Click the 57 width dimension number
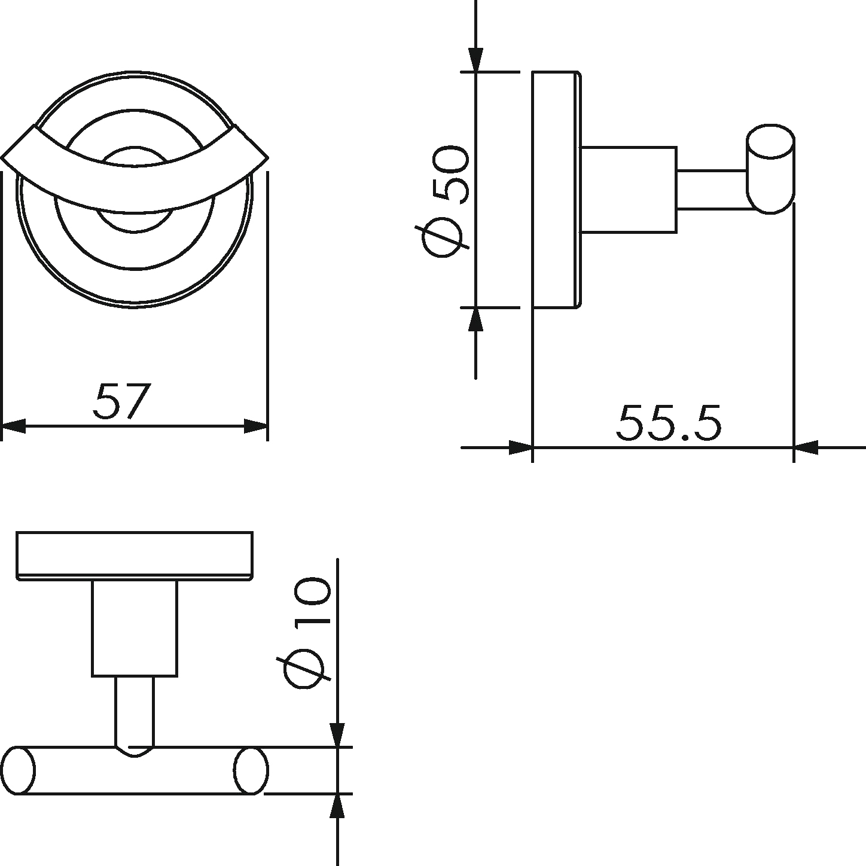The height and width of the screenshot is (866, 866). pyautogui.click(x=120, y=401)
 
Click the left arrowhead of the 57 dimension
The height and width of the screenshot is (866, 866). pyautogui.click(x=14, y=426)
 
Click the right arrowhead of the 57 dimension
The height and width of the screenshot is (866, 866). pyautogui.click(x=256, y=426)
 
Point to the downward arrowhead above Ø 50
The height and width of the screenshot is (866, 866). pyautogui.click(x=475, y=59)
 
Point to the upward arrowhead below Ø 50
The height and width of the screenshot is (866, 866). pyautogui.click(x=475, y=320)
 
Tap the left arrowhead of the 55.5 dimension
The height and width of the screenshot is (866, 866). pyautogui.click(x=520, y=447)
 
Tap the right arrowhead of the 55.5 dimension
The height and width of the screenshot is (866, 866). pyautogui.click(x=806, y=447)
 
